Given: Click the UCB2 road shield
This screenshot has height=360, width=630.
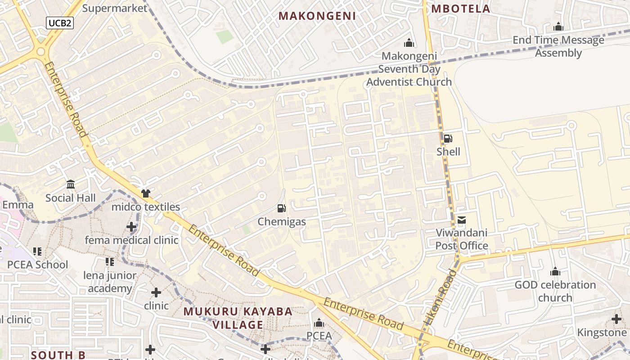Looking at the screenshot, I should coord(59,23).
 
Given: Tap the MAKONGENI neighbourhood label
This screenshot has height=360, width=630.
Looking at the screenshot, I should coord(317,16).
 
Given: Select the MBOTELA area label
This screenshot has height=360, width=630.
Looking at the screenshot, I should coord(461,9).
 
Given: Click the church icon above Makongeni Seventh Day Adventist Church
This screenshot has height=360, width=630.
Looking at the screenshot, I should coord(409,43).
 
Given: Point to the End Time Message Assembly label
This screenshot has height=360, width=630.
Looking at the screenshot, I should coord(558,46).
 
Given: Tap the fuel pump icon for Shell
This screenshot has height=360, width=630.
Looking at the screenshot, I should coord(448,139).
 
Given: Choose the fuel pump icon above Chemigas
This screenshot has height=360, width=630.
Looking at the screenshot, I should coord(282,208).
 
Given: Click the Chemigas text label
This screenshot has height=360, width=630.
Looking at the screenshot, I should coord(282,222).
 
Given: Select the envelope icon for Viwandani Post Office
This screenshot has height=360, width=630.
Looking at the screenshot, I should coord(462,220).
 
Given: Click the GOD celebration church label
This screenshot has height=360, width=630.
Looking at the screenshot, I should coord(555,291).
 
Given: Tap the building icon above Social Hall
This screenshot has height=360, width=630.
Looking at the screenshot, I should coord(71,184).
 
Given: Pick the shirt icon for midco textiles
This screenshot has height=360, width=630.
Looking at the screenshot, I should coord(145,193).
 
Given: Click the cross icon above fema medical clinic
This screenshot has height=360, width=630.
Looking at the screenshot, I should coord(131,227).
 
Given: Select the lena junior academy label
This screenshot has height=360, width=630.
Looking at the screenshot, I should coord(110,282).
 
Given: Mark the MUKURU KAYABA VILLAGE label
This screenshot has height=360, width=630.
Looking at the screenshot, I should coord(238,318).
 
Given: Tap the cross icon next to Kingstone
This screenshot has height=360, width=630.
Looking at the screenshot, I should coord(616,319).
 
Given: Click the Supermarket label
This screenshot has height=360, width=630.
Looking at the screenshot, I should coord(115,8).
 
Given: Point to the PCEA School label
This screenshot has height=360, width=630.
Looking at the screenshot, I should coord(37,265).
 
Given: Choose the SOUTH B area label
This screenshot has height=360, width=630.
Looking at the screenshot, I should coord(58,355).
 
